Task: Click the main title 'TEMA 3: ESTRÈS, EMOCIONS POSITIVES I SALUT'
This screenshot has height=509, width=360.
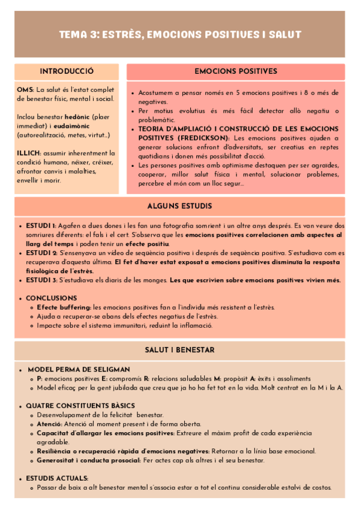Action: (180, 34)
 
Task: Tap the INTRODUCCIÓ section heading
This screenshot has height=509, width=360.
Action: (67, 71)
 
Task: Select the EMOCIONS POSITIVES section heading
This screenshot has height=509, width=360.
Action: (236, 71)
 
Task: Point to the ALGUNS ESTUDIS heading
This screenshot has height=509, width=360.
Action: (180, 205)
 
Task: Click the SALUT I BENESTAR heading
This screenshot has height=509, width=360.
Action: (180, 350)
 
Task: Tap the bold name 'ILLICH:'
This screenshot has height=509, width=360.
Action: (29, 153)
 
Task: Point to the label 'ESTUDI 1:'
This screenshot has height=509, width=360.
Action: (41, 225)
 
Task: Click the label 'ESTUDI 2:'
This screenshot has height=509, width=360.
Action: (41, 253)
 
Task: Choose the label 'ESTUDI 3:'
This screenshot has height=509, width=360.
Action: (41, 280)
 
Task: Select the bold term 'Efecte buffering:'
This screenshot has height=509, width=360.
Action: (64, 307)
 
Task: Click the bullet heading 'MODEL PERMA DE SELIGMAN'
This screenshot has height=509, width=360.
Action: (79, 369)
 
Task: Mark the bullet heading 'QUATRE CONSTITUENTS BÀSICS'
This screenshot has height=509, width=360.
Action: (80, 406)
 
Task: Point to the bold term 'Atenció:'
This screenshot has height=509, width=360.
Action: (50, 424)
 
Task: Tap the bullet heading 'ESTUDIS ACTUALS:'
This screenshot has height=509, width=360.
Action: (57, 478)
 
